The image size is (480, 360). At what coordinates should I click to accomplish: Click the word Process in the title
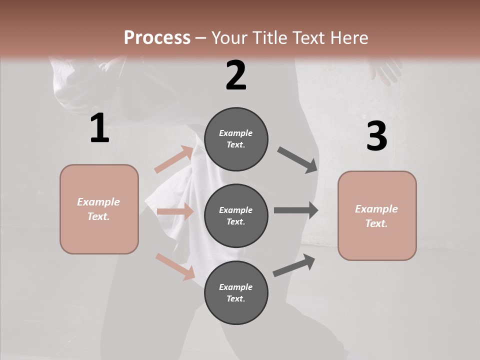(x=157, y=38)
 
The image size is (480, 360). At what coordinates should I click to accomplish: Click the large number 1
(x=99, y=128)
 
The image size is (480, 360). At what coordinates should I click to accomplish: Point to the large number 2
(x=236, y=75)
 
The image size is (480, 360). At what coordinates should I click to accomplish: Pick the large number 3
(x=376, y=136)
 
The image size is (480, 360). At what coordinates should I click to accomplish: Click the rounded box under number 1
(x=99, y=209)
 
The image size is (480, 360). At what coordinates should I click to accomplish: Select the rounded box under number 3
(x=377, y=215)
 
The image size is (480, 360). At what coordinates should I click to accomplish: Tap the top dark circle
(x=236, y=139)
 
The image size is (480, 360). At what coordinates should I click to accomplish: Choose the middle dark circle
(x=236, y=215)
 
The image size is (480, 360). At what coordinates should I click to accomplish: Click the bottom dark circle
(x=236, y=292)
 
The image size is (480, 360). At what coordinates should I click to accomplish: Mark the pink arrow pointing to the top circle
(x=174, y=159)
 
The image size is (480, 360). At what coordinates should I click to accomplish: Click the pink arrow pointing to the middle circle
(x=175, y=211)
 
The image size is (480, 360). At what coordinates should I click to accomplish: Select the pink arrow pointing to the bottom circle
(x=175, y=266)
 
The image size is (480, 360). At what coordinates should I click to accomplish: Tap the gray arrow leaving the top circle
(x=297, y=159)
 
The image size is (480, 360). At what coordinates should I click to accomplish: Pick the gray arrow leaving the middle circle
(x=296, y=210)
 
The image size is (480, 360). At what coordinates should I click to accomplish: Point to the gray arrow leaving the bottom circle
(x=294, y=265)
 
